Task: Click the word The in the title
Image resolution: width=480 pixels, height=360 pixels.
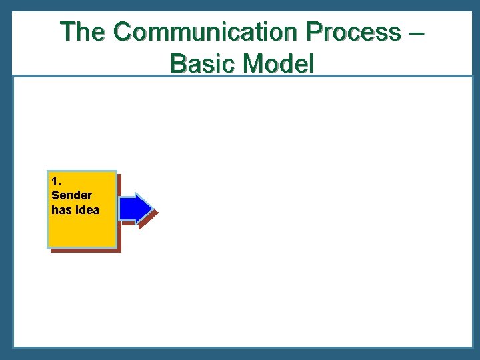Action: tap(83, 32)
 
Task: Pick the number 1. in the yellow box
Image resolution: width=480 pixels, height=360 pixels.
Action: tap(56, 181)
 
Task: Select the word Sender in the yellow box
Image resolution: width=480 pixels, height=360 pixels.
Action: tap(71, 195)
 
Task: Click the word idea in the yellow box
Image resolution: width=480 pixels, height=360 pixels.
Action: tap(87, 210)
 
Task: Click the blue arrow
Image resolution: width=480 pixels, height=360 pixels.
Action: tap(135, 208)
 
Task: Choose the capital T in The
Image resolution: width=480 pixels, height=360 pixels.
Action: tap(67, 32)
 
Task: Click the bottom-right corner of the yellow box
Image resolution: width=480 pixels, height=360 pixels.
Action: tap(116, 247)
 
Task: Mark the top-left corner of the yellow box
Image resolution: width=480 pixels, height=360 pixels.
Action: tap(48, 171)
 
